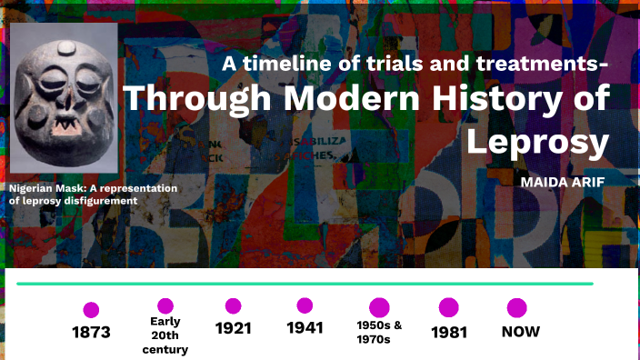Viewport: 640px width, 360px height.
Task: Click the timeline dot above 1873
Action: tap(91, 310)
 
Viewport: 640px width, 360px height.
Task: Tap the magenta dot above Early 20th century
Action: tap(165, 305)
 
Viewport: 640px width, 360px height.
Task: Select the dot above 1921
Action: tap(234, 306)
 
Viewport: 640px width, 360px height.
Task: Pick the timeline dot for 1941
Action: tap(305, 305)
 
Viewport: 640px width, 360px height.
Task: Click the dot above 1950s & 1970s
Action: tap(379, 307)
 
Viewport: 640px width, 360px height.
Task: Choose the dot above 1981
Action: tap(449, 307)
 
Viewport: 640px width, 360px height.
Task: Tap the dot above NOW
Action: tap(517, 307)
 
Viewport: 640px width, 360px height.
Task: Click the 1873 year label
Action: tap(91, 332)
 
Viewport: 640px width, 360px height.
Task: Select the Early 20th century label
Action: tap(165, 335)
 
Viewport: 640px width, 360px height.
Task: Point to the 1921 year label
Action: tap(234, 328)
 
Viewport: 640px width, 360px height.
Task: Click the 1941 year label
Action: tap(305, 328)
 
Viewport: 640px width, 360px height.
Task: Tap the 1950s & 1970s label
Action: tap(379, 332)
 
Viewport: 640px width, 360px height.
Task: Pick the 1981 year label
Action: tap(449, 332)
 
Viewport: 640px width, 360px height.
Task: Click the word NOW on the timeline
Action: tap(521, 331)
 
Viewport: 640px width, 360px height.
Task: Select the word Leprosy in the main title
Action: tap(536, 141)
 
